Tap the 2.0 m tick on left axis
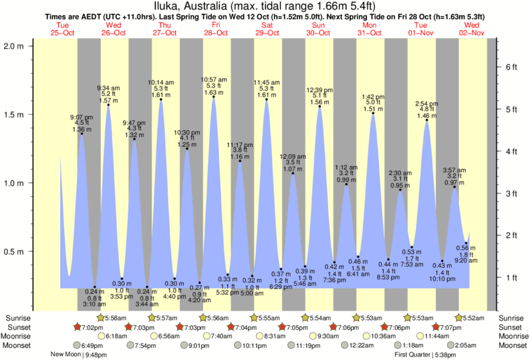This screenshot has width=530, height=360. click(15, 46)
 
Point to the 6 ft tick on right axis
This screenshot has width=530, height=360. click(509, 67)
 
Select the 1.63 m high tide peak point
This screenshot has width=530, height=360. click(214, 98)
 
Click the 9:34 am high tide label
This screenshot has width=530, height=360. click(108, 87)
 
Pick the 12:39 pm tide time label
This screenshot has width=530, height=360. click(319, 89)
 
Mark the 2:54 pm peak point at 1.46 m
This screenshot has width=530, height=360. click(426, 121)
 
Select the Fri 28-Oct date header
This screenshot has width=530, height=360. click(216, 29)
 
